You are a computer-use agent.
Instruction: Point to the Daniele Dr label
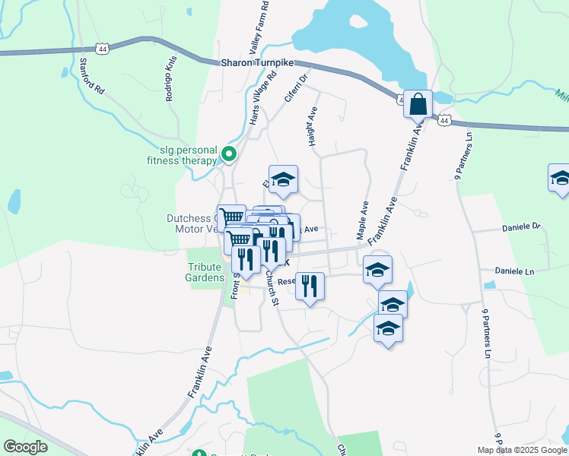pos(520,227)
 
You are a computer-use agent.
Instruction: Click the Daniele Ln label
pos(517,271)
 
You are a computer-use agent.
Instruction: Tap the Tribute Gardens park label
pos(206,272)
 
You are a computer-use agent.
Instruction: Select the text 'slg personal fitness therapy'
pos(183,155)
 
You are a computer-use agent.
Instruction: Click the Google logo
pos(26,447)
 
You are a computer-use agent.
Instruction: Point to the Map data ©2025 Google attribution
pos(521,450)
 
